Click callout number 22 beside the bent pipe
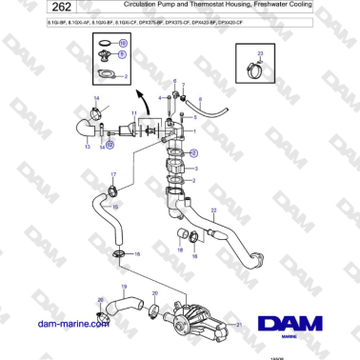point(214,210)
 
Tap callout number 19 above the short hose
point(122,286)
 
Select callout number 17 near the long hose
point(112,175)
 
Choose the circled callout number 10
point(122,44)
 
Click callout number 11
point(134,113)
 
